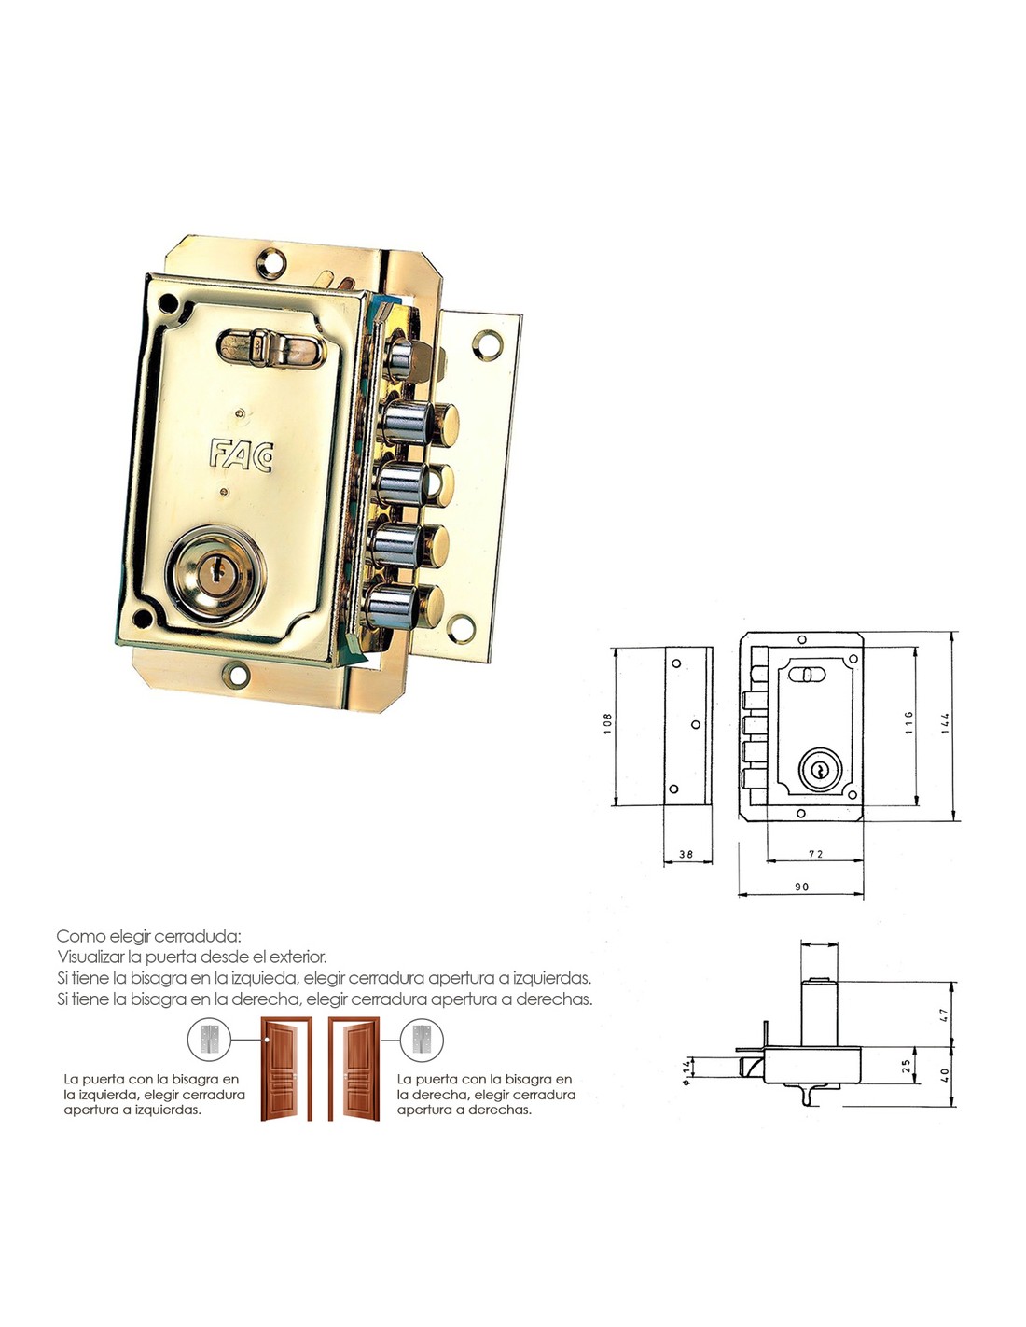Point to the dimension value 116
(908, 721)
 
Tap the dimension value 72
(816, 854)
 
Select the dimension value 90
(801, 887)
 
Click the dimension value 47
(945, 1014)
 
